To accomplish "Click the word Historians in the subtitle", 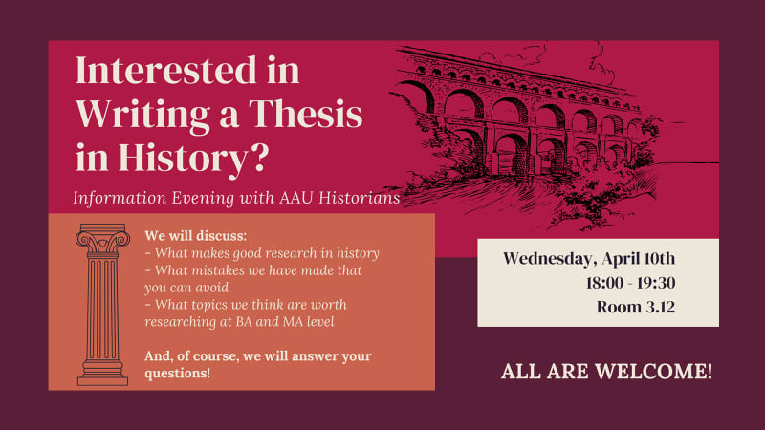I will tap(355, 199).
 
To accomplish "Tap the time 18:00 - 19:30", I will tap(631, 283).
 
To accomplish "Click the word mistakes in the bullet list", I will tap(212, 270).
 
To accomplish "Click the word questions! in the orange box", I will tap(178, 373).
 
